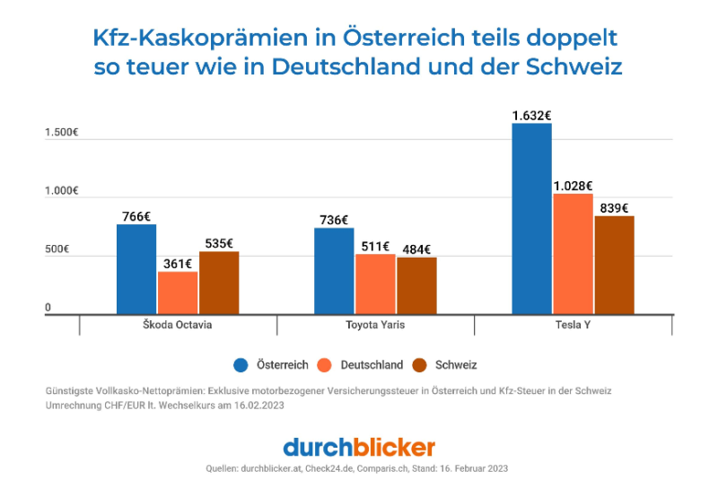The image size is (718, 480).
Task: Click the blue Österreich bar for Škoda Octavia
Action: click(x=136, y=269)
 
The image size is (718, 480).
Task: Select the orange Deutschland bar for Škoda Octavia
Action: click(x=178, y=292)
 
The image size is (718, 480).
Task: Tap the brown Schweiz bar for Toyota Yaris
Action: click(x=416, y=285)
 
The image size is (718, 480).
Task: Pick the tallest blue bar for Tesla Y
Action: click(x=531, y=219)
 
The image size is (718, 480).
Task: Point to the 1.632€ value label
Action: click(x=531, y=115)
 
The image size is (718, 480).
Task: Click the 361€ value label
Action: click(x=178, y=263)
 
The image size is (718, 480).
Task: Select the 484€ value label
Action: click(x=416, y=249)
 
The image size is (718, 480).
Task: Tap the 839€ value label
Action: click(x=614, y=207)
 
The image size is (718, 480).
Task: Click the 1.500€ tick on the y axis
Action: click(x=62, y=133)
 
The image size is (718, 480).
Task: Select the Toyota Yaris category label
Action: click(x=375, y=325)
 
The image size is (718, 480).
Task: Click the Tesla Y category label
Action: click(x=572, y=325)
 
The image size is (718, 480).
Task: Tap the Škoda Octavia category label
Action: click(x=178, y=325)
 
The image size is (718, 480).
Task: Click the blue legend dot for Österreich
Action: click(x=241, y=365)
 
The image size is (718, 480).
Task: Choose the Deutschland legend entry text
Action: click(x=370, y=365)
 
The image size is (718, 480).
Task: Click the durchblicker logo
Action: click(x=359, y=446)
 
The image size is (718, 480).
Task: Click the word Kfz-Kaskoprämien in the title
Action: click(x=206, y=39)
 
